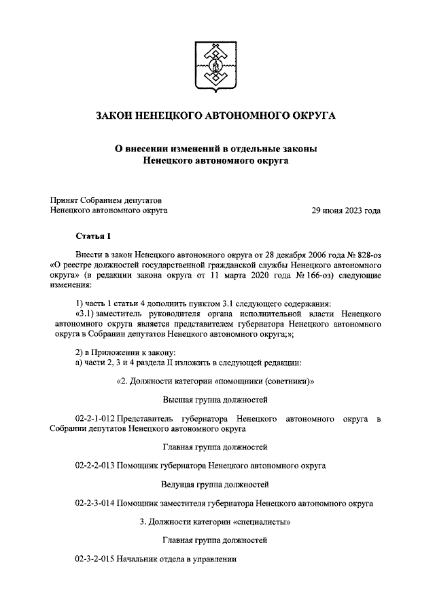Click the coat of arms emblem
[216, 66]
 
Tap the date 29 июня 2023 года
[345, 211]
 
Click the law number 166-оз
[312, 276]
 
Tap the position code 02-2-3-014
[94, 504]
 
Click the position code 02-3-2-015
[94, 559]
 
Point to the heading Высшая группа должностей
[215, 399]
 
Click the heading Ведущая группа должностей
[215, 485]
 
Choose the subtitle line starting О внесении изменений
[215, 149]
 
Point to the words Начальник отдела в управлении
[176, 559]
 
